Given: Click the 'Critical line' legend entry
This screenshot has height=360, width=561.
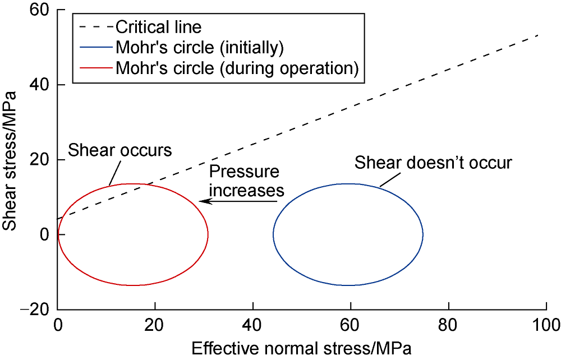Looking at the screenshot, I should tap(158, 26).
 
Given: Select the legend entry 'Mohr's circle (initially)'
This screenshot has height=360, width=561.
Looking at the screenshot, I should tap(199, 47).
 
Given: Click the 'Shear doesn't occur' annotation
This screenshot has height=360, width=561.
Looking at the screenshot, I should tap(434, 163).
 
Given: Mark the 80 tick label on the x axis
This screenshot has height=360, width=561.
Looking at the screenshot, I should tap(448, 325).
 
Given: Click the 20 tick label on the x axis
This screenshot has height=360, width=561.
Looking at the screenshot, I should tap(155, 325).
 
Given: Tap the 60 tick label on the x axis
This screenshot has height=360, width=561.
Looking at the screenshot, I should tap(351, 325).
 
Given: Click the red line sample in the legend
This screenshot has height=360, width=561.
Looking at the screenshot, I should tap(96, 68).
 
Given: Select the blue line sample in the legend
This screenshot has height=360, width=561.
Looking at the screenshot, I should tap(96, 47).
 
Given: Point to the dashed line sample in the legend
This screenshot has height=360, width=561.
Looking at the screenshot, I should tap(96, 26).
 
